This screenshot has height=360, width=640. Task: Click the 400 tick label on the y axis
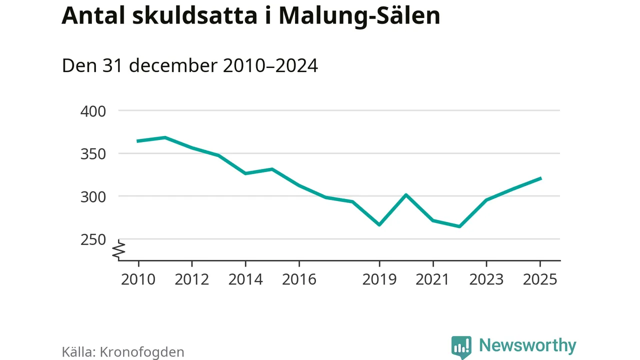pyautogui.click(x=93, y=110)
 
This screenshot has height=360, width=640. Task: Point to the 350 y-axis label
pyautogui.click(x=93, y=153)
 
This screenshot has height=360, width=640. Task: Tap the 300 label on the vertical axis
pyautogui.click(x=93, y=196)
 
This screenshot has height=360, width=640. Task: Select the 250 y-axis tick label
pyautogui.click(x=93, y=239)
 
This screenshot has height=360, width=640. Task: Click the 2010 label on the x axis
pyautogui.click(x=138, y=279)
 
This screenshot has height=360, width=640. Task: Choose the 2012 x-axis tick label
pyautogui.click(x=192, y=279)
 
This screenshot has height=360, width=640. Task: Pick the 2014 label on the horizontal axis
pyautogui.click(x=245, y=279)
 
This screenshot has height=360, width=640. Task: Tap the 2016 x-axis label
pyautogui.click(x=299, y=279)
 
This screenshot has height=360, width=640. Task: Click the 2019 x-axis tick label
pyautogui.click(x=379, y=279)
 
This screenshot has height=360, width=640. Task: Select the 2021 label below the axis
pyautogui.click(x=433, y=279)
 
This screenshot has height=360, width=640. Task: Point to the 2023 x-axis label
pyautogui.click(x=486, y=279)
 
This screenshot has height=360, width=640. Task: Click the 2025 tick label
pyautogui.click(x=540, y=279)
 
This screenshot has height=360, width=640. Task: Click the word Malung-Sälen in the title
pyautogui.click(x=359, y=16)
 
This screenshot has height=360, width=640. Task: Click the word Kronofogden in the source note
pyautogui.click(x=142, y=351)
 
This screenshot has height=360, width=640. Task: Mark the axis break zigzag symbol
pyautogui.click(x=119, y=250)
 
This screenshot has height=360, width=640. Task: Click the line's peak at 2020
pyautogui.click(x=406, y=194)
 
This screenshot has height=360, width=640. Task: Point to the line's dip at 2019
pyautogui.click(x=379, y=225)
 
